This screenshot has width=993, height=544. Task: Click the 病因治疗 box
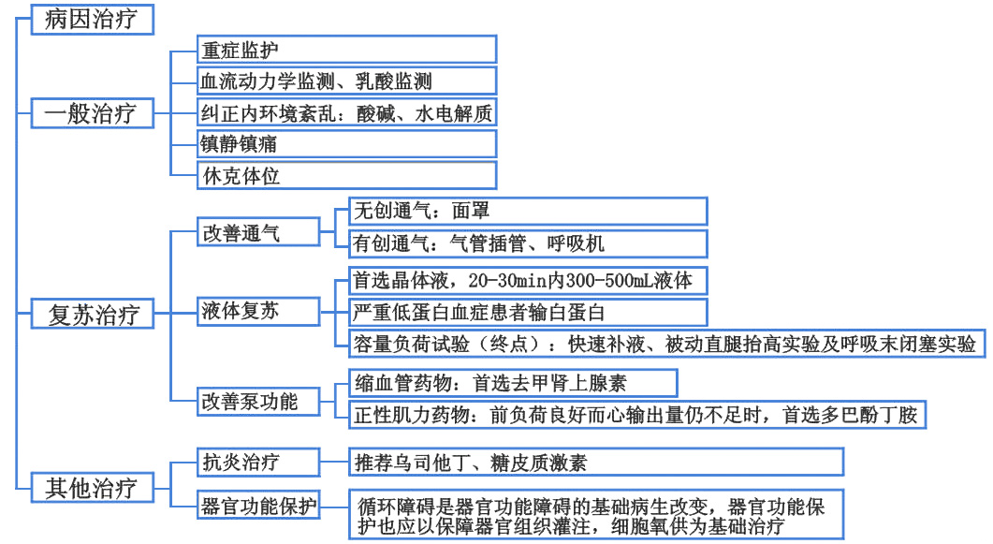coord(90,20)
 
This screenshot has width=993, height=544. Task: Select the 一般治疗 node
coord(90,114)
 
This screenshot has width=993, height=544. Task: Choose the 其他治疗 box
coord(90,488)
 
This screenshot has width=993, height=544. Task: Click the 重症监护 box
coord(346,50)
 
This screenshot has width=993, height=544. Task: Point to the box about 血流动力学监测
coord(346,81)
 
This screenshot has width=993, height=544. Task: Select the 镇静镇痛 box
coord(346,144)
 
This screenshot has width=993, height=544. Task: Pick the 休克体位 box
coord(346,175)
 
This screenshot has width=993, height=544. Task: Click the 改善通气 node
coord(255,233)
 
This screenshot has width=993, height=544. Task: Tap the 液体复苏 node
coord(255,311)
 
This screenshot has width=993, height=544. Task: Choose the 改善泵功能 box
coord(255,402)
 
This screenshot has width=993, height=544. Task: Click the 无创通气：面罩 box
coord(526,212)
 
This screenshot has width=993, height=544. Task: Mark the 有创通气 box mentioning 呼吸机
coord(526,243)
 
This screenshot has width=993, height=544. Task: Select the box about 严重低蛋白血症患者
coord(526,312)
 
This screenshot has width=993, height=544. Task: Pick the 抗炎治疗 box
coord(255,462)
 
